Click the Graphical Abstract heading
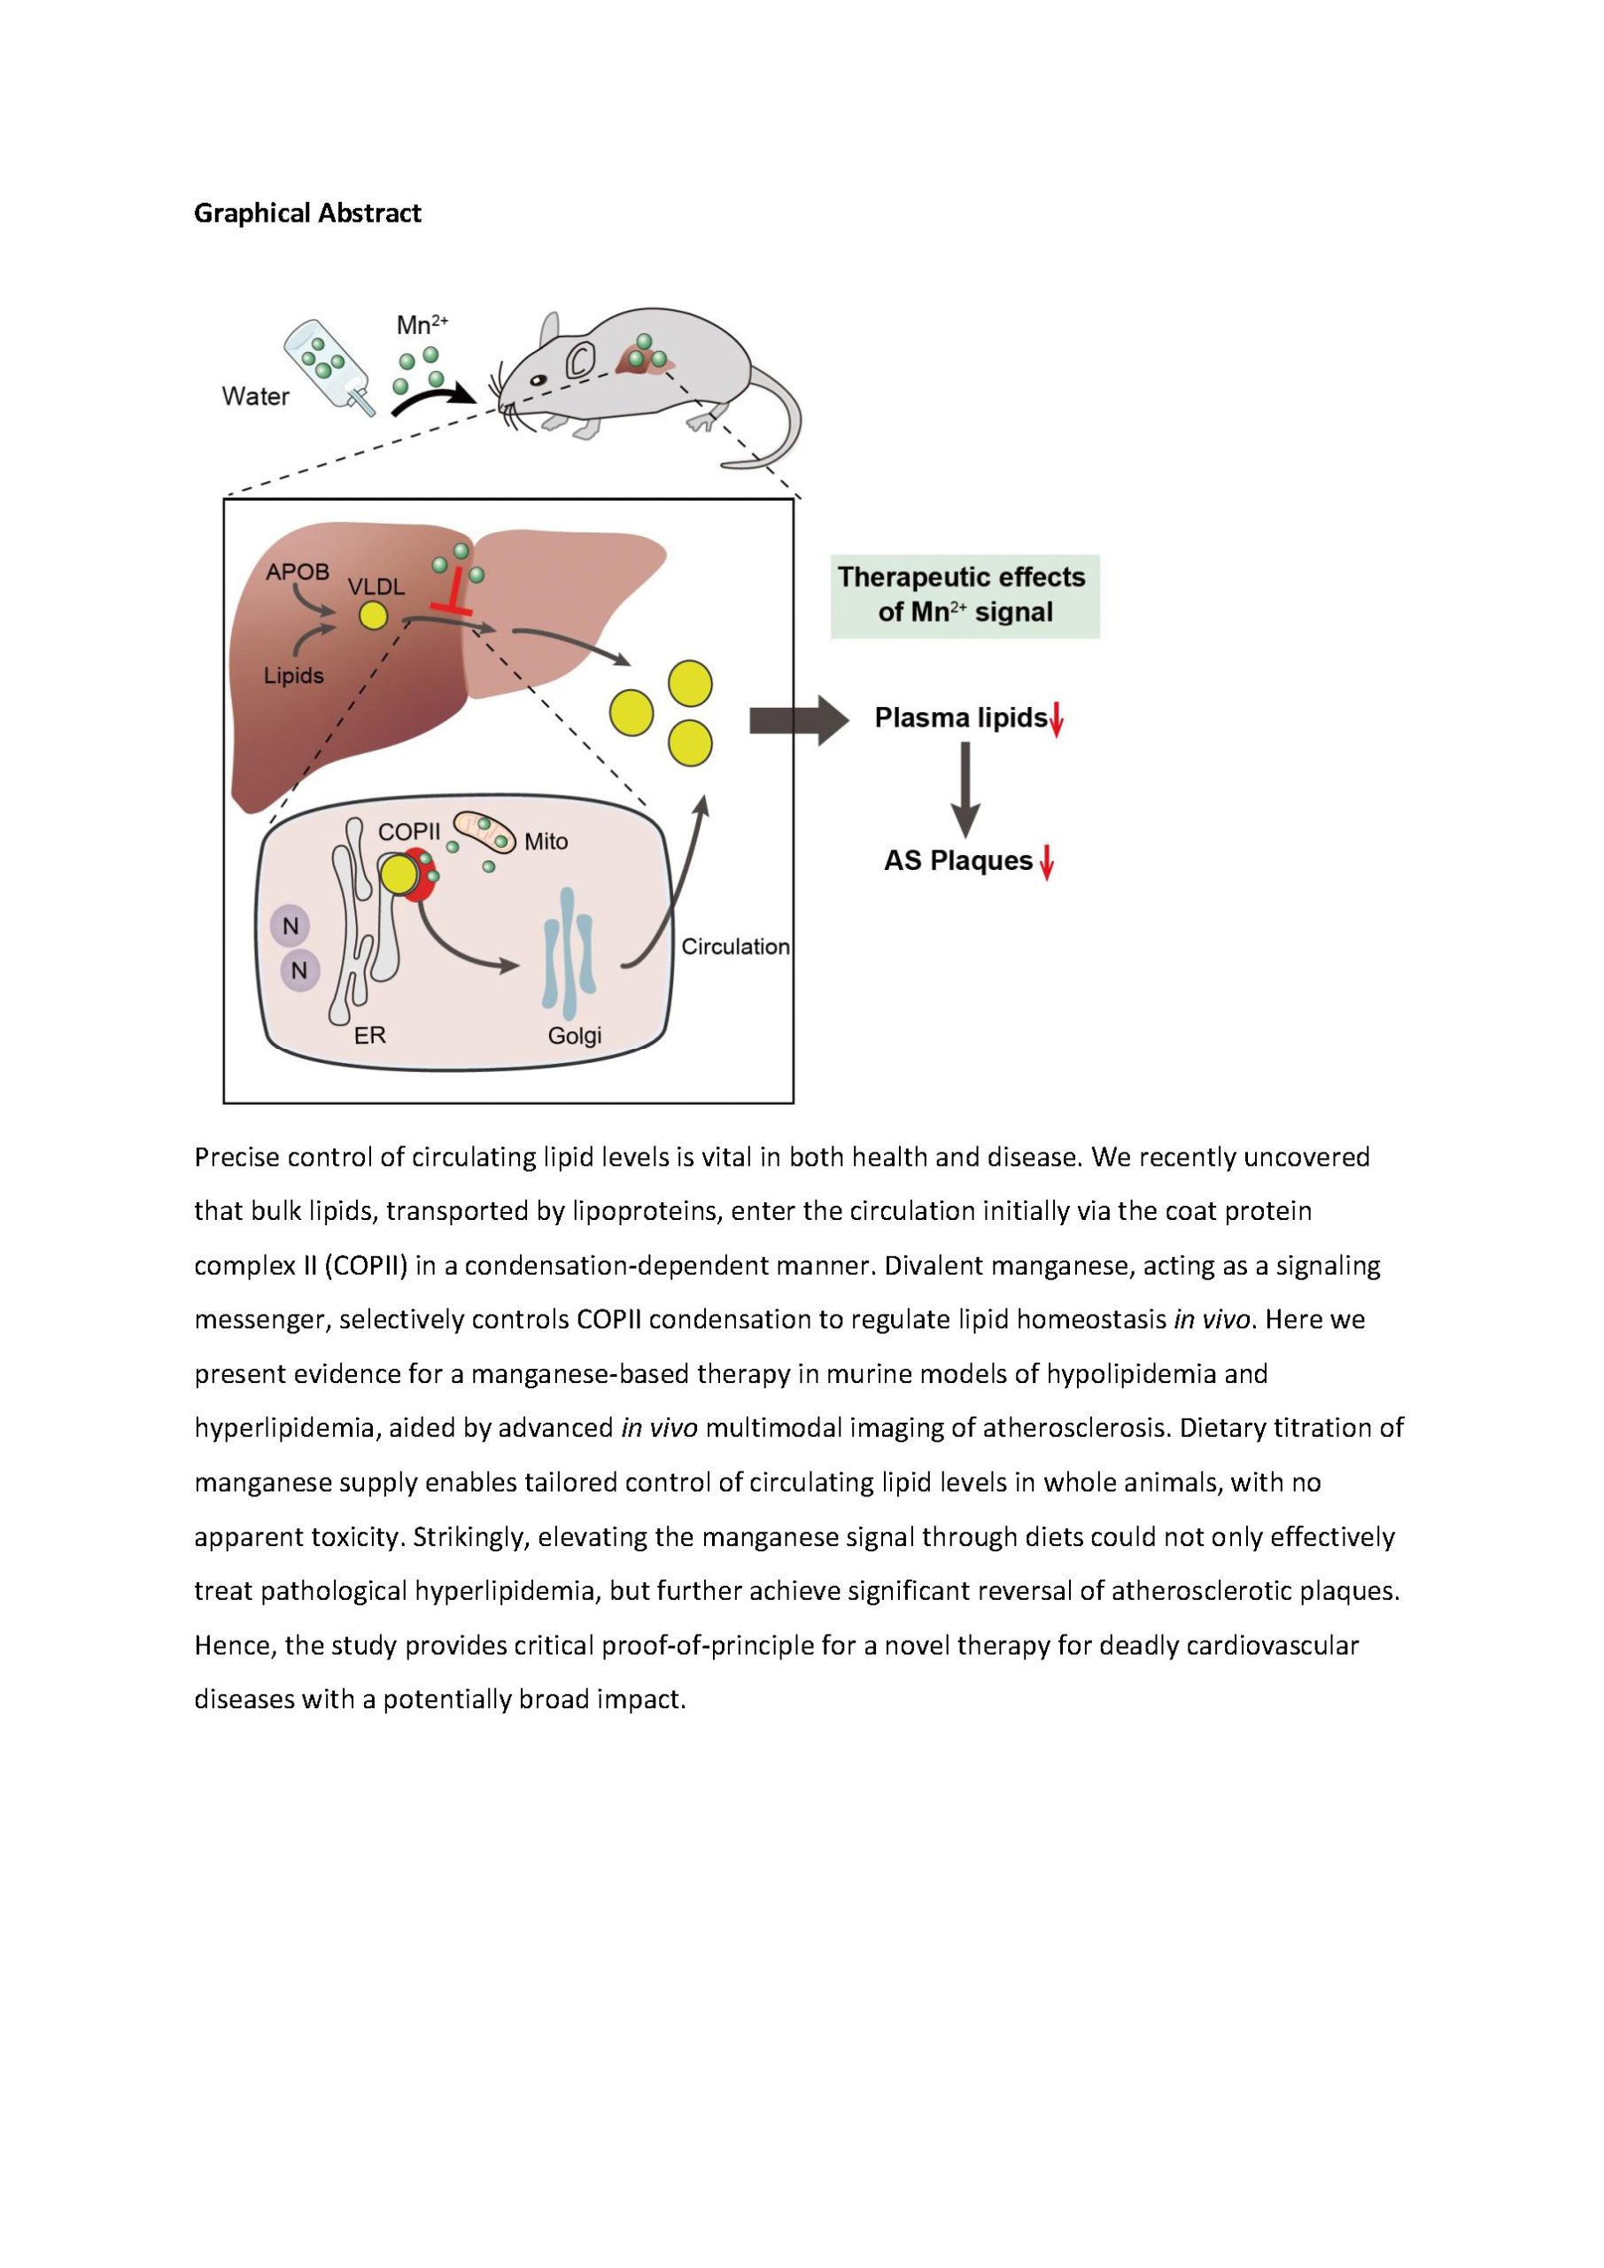pos(307,214)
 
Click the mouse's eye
pos(539,379)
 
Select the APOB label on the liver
pos(298,572)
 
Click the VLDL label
pos(376,586)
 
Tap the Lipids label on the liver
pos(293,676)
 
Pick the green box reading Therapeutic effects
pos(964,595)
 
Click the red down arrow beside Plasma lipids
pos(1056,719)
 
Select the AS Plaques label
pos(957,860)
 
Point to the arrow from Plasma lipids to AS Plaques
pos(965,789)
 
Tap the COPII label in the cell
pos(409,832)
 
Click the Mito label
pos(546,842)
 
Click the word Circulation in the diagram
pos(735,946)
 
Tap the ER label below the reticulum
pos(369,1036)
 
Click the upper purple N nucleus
pos(291,926)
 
